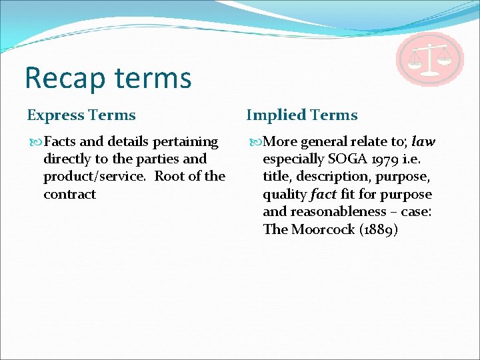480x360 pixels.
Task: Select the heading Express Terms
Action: point(81,115)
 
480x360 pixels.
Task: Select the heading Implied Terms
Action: point(302,115)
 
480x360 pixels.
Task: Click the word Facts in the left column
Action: point(60,141)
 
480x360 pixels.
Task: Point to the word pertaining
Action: point(186,141)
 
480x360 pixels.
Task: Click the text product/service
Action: point(96,177)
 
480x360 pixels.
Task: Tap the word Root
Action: point(169,177)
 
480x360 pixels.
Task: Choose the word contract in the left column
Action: point(69,194)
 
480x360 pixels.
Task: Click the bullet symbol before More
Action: point(254,142)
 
